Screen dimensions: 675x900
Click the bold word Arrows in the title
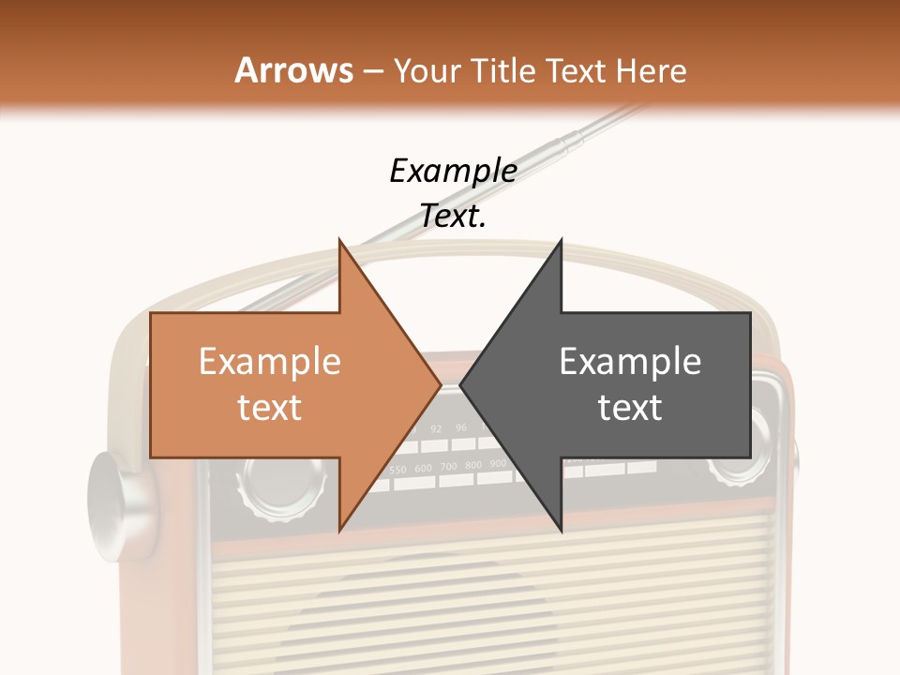click(x=293, y=70)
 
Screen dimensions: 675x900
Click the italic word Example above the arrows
click(x=453, y=171)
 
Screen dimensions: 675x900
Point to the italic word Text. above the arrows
click(x=453, y=217)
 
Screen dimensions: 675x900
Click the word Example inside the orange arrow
click(x=269, y=362)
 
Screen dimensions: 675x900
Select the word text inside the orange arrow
click(x=269, y=408)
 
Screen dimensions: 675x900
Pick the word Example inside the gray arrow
click(x=630, y=362)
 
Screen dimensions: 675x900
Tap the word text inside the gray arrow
click(x=630, y=408)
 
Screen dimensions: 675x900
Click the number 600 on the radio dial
click(x=424, y=467)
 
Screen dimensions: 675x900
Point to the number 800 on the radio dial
click(x=473, y=465)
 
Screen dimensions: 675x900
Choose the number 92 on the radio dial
click(x=436, y=428)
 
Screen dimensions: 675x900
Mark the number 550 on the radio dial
click(x=398, y=469)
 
